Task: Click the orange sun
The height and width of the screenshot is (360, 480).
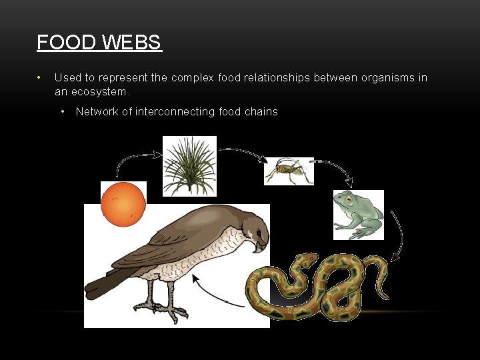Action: [123, 204]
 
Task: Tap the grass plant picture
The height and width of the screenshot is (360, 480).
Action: [190, 166]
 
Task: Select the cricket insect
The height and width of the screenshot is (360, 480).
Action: [289, 171]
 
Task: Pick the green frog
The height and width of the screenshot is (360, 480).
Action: [359, 215]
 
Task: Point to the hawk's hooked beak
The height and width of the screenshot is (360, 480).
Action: [260, 247]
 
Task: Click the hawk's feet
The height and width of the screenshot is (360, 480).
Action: [163, 308]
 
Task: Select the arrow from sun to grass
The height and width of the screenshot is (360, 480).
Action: [137, 160]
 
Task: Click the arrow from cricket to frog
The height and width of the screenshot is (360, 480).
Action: [333, 170]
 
